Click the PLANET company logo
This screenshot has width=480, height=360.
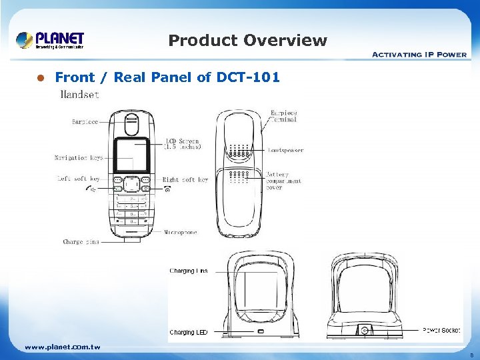point(51,40)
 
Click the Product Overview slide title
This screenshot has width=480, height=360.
point(247,41)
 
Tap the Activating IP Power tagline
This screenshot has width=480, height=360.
point(419,54)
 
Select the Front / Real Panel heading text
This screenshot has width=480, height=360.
point(167,77)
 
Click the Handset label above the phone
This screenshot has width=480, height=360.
point(79,95)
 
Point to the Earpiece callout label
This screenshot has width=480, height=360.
point(85,122)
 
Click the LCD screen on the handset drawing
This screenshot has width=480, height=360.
point(131,155)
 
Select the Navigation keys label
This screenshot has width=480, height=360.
point(79,158)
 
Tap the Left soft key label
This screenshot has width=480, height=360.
point(78,179)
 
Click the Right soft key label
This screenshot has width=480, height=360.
point(185,179)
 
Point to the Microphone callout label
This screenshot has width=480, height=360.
point(181,233)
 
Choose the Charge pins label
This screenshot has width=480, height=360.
point(81,242)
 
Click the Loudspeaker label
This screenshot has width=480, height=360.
point(285,151)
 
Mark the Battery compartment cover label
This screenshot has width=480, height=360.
point(283,181)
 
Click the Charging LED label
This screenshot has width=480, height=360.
point(188,332)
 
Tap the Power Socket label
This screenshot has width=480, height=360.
point(441,330)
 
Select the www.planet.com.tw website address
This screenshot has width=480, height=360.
point(62,347)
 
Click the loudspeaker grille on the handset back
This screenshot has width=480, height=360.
point(238,153)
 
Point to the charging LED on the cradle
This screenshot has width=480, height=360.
point(261,331)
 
